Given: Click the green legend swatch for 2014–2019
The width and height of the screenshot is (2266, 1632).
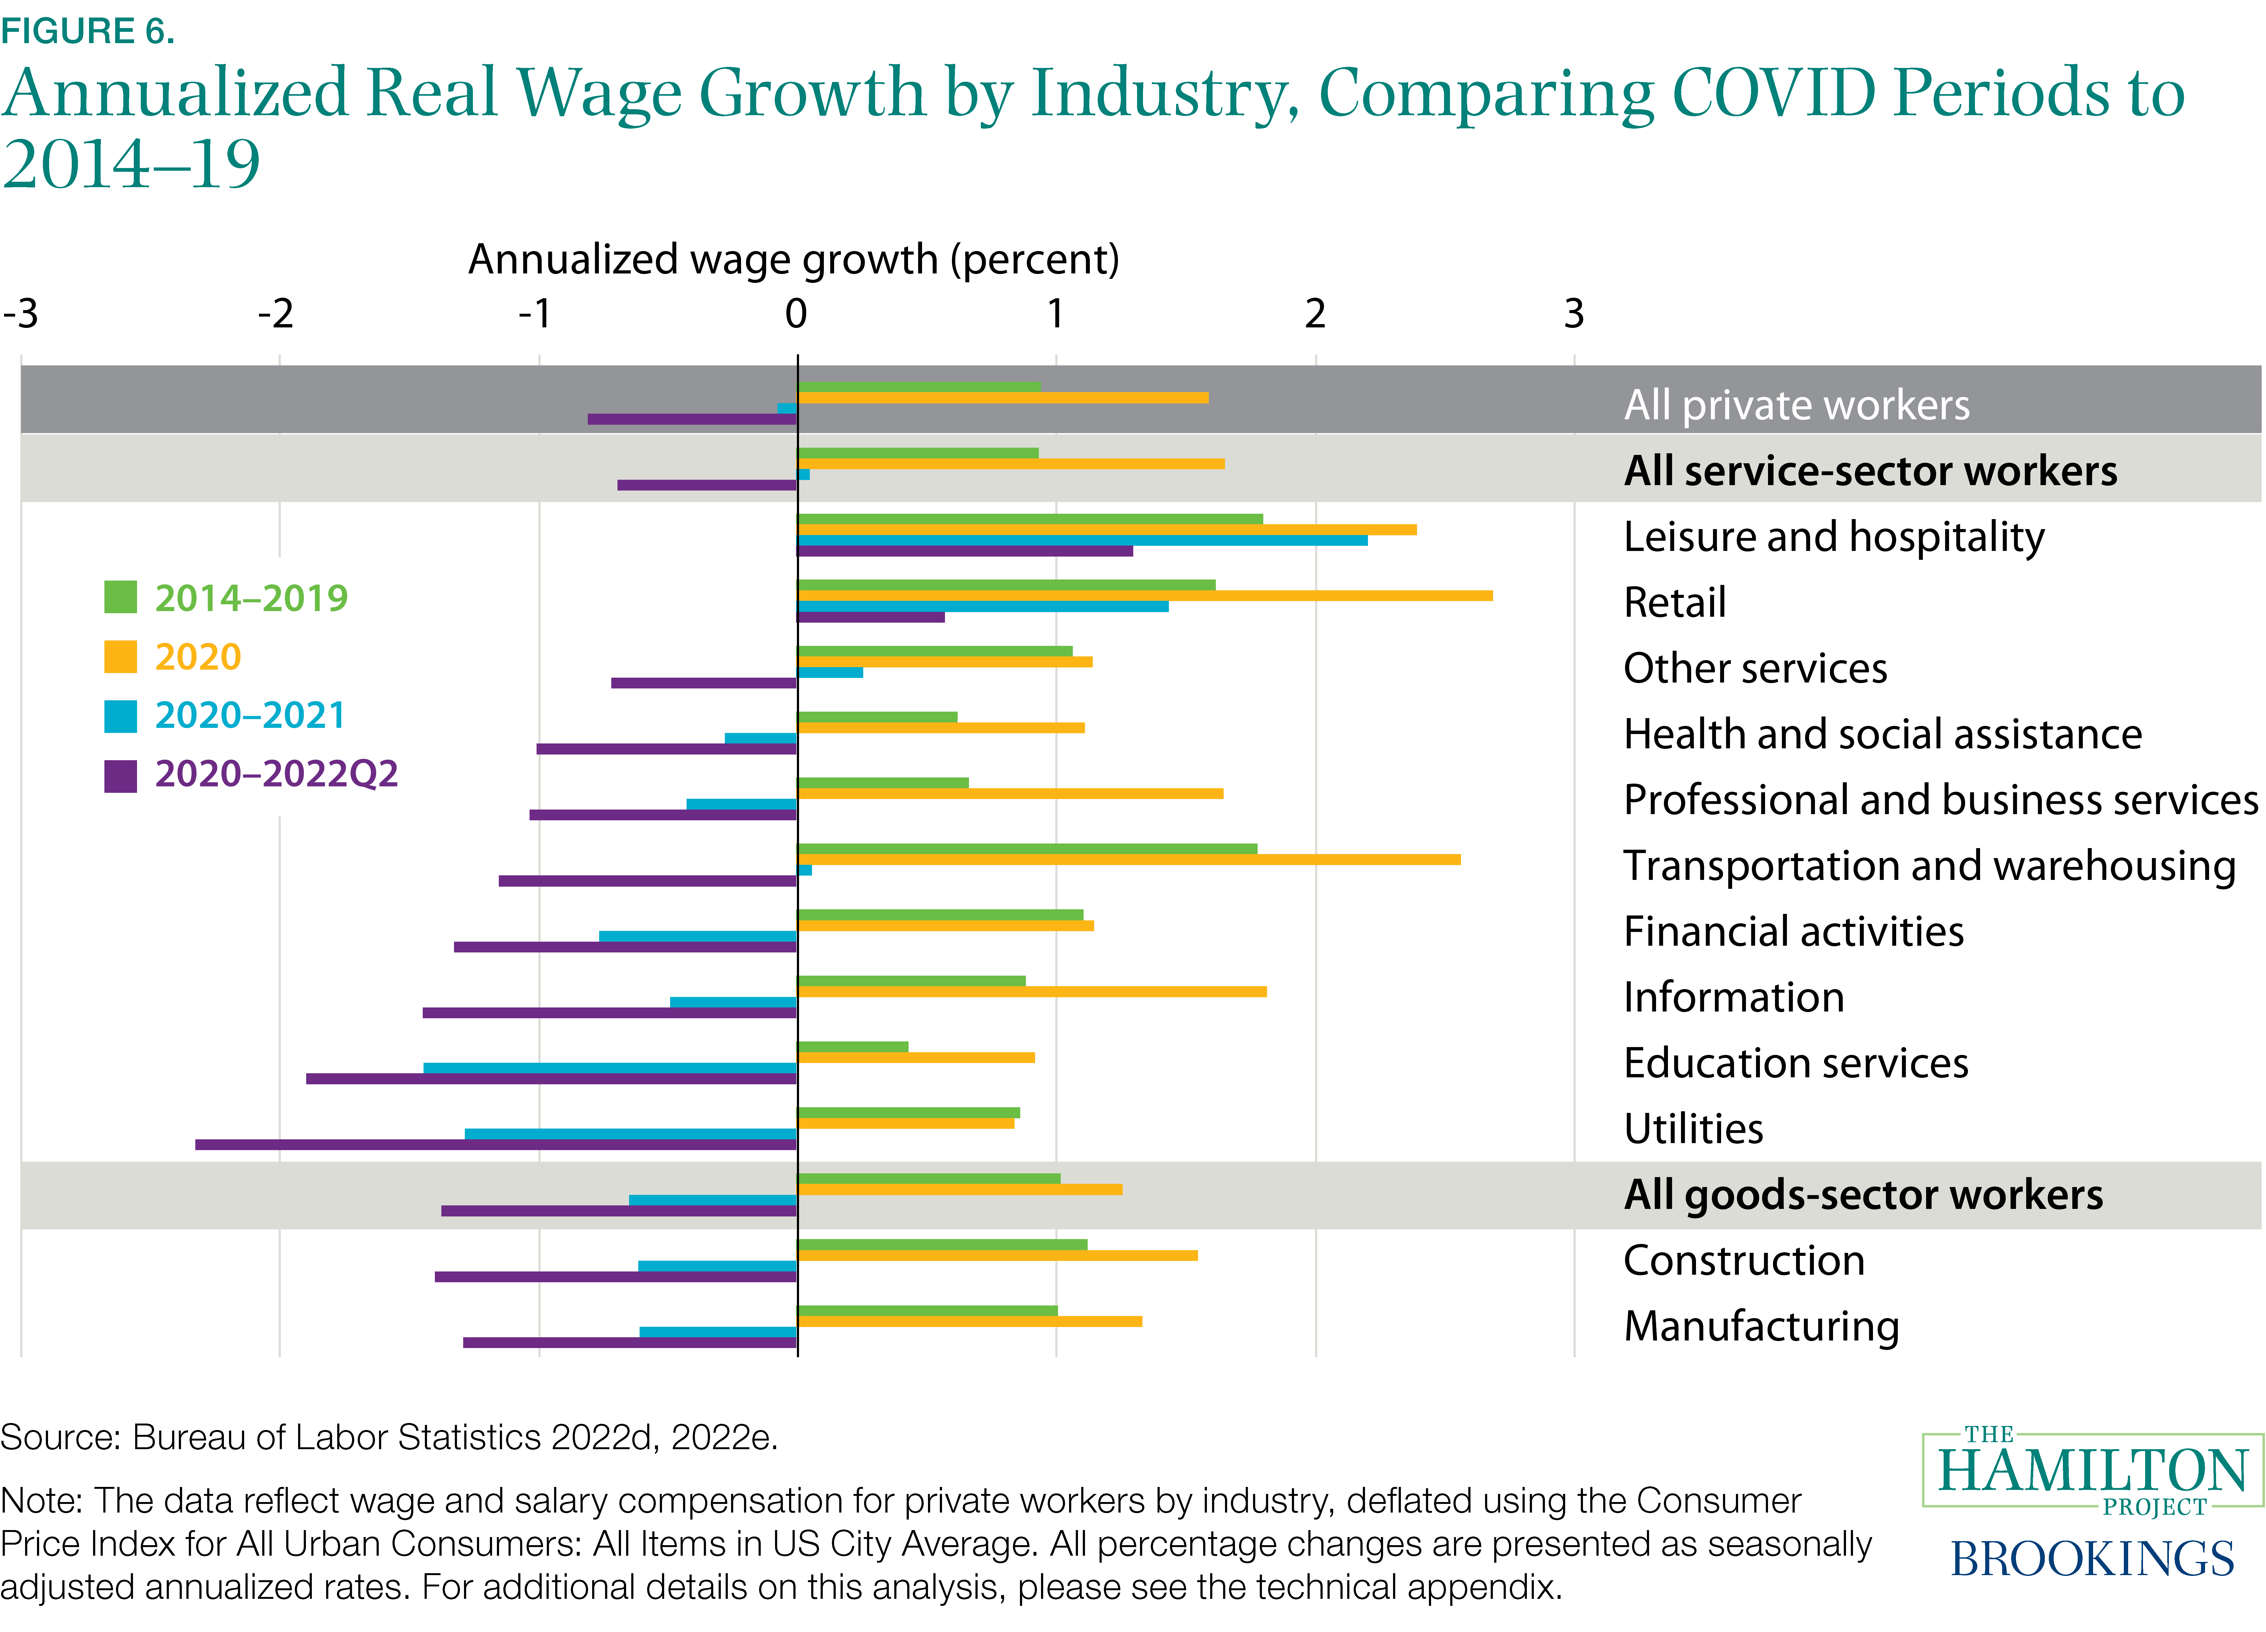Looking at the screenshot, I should coord(120,597).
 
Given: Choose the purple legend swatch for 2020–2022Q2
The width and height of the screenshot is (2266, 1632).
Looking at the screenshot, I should coord(120,775).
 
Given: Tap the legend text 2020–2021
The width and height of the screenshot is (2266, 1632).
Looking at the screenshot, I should coord(250,715).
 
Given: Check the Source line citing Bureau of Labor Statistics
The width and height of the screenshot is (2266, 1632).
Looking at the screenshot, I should coord(389,1437).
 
